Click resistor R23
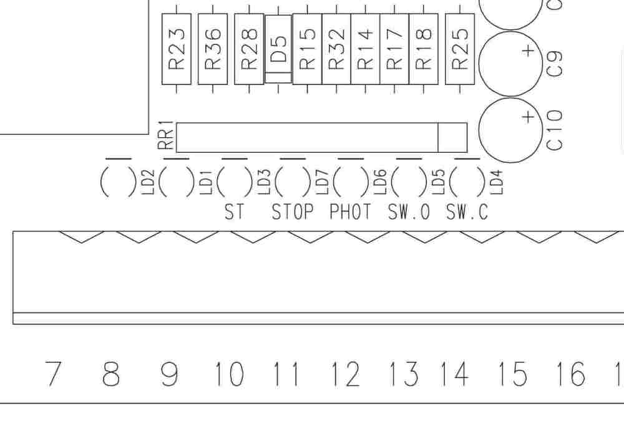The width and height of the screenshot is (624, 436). pos(177,49)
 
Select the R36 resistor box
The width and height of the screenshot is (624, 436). pos(213,49)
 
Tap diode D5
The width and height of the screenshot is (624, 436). pos(278,49)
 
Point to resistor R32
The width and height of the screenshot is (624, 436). pos(336,49)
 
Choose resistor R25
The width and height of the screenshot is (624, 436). pos(460,49)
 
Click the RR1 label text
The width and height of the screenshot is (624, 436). pos(166,135)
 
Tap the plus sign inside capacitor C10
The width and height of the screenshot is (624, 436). pos(528,117)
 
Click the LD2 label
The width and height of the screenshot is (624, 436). pos(148,182)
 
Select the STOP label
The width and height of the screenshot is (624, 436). pos(293,211)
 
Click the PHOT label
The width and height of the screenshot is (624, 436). pos(350,211)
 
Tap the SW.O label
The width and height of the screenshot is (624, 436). pos(409,211)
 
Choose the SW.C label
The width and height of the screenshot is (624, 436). pos(467,211)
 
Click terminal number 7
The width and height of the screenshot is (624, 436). pos(53,374)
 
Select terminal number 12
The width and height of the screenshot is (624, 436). pos(345,374)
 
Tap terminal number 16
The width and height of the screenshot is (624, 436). pos(570,374)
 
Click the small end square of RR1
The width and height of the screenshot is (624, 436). pos(452,138)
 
